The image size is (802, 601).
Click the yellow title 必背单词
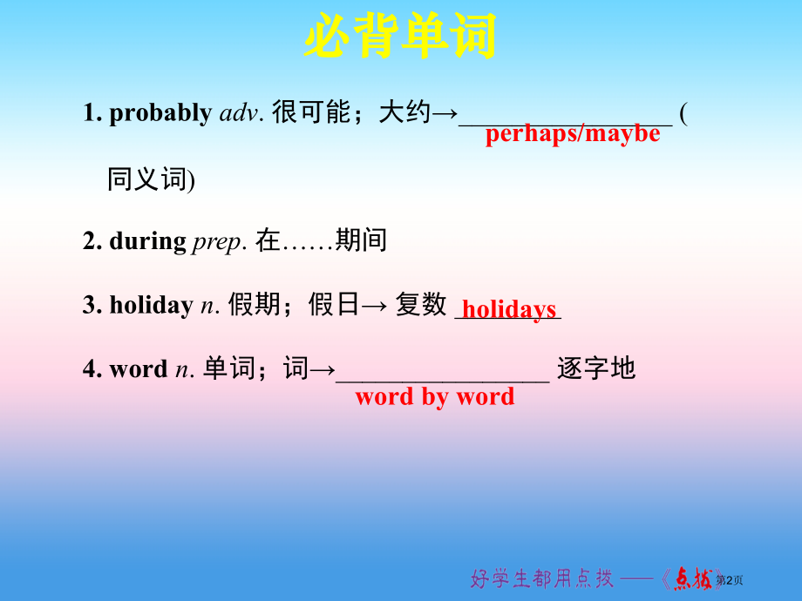(x=400, y=37)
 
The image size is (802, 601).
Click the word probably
(x=160, y=112)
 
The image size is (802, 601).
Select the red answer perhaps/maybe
(x=573, y=133)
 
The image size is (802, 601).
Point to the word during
(x=147, y=240)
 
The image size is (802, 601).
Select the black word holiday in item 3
(x=151, y=305)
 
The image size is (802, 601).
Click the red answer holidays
(x=509, y=309)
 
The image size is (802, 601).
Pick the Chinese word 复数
(x=421, y=305)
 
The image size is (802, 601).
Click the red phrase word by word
(x=435, y=397)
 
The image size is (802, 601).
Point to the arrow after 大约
(x=445, y=112)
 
